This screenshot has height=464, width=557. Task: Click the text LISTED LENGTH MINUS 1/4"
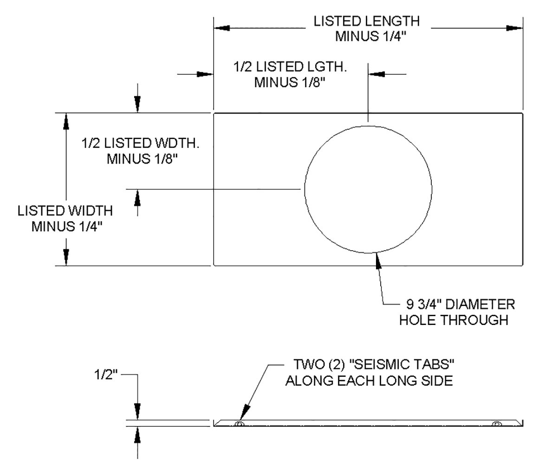(366, 29)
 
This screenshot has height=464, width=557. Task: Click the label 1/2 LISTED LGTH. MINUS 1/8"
(290, 75)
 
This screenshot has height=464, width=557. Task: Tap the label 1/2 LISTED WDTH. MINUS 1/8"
(140, 152)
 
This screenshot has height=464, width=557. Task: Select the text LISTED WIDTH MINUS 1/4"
(65, 218)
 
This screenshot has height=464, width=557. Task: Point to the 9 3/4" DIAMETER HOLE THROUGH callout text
(457, 312)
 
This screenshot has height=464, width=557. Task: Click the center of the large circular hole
(368, 190)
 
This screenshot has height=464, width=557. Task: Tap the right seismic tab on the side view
(497, 424)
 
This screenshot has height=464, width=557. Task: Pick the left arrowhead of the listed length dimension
(222, 28)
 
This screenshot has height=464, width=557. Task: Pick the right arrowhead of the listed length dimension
(514, 28)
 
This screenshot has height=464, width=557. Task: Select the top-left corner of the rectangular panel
(214, 113)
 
